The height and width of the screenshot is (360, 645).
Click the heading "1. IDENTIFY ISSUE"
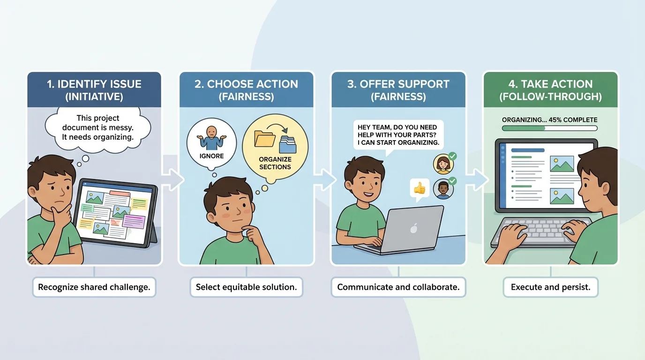94,84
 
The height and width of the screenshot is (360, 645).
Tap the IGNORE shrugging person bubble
211,140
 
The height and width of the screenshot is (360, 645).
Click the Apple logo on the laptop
413,229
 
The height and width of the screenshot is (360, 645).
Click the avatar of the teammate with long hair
442,164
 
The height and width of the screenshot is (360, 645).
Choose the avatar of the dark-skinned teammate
442,189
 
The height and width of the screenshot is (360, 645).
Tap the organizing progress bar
549,128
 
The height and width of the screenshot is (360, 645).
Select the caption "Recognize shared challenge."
94,287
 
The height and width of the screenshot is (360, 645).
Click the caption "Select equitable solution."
246,287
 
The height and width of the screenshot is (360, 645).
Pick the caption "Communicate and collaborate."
398,287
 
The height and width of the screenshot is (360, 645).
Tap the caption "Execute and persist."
550,287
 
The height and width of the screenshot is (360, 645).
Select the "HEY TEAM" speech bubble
397,135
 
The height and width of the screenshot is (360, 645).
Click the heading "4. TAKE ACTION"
550,84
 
